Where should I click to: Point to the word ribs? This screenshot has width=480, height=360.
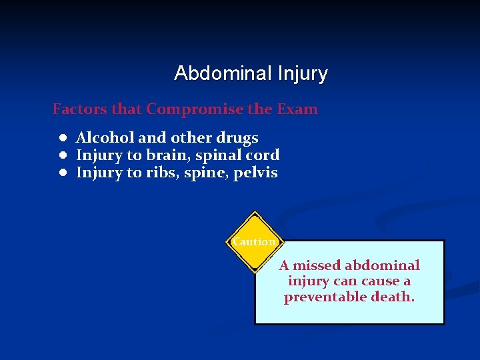click(161, 173)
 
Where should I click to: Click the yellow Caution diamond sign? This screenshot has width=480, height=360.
click(253, 243)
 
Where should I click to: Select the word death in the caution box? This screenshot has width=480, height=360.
click(395, 297)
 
